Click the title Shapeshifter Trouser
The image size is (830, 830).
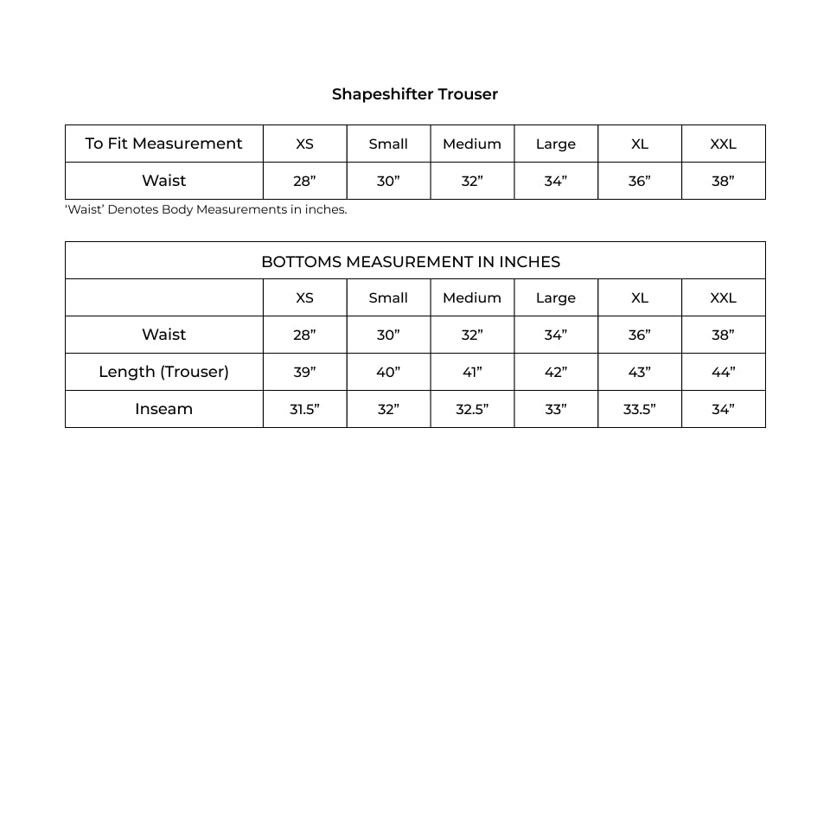click(415, 94)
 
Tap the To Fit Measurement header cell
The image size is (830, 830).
click(163, 144)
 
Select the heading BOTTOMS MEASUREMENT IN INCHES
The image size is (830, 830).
click(411, 262)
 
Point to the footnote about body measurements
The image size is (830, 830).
click(206, 209)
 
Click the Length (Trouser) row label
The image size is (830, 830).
click(163, 372)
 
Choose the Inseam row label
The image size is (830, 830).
click(163, 409)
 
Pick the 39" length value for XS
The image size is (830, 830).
click(304, 373)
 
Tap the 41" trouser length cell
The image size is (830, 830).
click(472, 373)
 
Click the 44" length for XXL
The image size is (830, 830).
click(723, 373)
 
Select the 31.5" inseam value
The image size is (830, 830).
click(304, 410)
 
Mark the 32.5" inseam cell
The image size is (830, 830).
click(472, 410)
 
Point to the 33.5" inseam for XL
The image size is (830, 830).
click(639, 410)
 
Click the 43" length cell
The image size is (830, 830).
click(639, 373)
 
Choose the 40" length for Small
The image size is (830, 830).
click(388, 373)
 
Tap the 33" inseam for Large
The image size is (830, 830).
click(555, 410)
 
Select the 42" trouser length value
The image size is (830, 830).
click(555, 373)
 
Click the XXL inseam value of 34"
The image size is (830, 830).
click(723, 410)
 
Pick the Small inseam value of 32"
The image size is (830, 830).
click(388, 410)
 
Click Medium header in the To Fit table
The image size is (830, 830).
click(472, 144)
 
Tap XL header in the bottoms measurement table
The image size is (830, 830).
click(639, 298)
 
